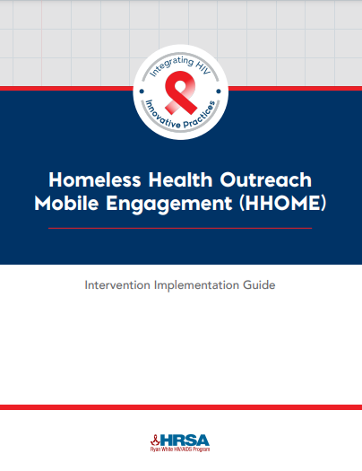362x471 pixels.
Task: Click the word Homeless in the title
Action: click(x=95, y=179)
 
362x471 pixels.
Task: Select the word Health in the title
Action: click(x=180, y=179)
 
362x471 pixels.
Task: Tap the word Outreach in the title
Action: click(x=266, y=179)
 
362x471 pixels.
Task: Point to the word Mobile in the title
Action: click(x=66, y=203)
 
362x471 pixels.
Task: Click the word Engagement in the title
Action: click(x=169, y=205)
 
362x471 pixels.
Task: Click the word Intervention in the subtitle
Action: click(x=117, y=284)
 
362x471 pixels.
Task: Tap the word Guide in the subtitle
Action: click(x=259, y=284)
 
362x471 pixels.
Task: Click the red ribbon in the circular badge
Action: click(x=180, y=92)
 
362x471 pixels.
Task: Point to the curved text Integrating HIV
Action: click(x=181, y=65)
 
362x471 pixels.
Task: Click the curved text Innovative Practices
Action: click(x=180, y=118)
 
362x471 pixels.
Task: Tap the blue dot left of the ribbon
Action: click(x=142, y=91)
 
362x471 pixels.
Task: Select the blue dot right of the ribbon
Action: click(x=219, y=91)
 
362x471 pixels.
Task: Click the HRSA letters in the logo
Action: click(x=185, y=440)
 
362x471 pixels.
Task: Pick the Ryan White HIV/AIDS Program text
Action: click(x=180, y=449)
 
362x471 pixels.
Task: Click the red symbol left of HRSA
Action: click(x=155, y=440)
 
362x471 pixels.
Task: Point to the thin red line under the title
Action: click(x=180, y=228)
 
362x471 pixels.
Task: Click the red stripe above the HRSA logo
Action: click(x=181, y=407)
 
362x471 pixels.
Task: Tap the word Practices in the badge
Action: click(x=200, y=117)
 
